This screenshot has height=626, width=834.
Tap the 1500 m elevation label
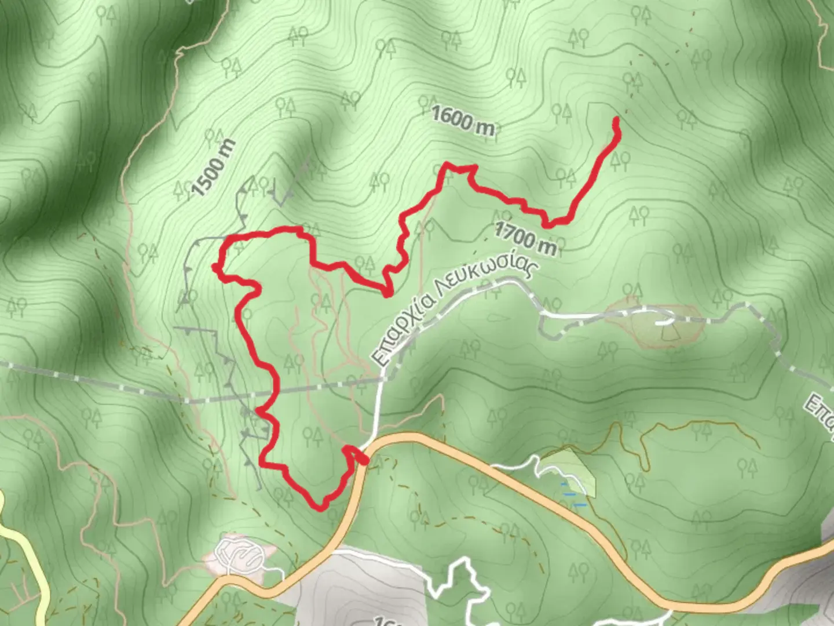coord(213,168)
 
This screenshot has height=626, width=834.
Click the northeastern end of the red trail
coord(616,120)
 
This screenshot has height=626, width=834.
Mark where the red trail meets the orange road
coord(363,459)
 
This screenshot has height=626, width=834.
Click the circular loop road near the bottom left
coord(239,555)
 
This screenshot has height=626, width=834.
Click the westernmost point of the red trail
coord(215,267)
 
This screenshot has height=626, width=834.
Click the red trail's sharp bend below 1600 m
coord(446,166)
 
